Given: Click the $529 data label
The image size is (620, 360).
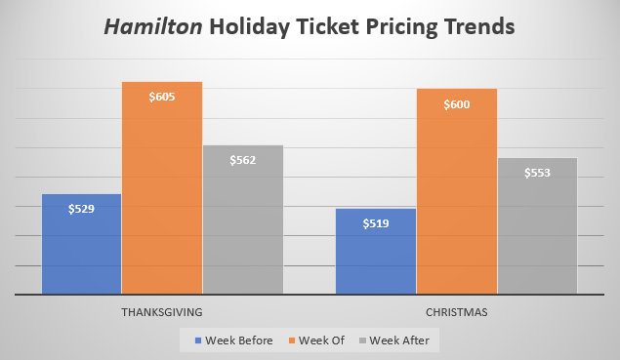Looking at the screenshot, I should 81,209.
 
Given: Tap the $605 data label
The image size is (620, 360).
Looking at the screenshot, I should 162,97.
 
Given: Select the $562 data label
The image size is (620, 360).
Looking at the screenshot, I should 243,160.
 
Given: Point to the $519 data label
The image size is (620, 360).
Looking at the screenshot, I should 376,223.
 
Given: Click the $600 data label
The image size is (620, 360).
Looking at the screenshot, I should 457,104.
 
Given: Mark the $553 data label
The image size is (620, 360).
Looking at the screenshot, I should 538,173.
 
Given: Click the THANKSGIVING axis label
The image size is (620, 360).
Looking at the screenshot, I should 162,313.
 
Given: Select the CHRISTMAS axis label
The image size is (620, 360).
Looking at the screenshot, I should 457,313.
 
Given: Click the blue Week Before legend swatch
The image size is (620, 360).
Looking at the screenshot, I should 197,340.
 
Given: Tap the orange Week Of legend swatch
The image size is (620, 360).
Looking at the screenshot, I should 291,340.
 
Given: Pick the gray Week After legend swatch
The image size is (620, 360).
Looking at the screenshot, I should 364,340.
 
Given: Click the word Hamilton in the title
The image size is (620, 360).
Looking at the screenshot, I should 159,26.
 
